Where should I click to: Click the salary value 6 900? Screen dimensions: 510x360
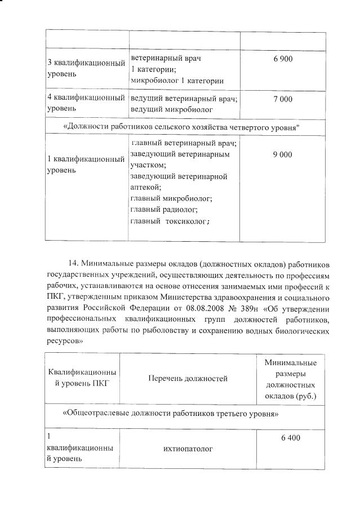[282, 59]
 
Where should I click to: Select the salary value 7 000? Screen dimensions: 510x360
[282, 99]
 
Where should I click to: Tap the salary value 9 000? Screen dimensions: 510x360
[282, 154]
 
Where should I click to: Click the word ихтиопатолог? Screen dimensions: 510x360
[188, 449]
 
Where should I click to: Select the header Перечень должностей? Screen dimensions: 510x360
[188, 379]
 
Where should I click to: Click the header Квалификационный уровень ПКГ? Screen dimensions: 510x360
[82, 379]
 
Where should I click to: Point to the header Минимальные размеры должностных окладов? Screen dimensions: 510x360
[290, 379]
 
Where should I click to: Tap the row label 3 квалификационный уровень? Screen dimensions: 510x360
[85, 68]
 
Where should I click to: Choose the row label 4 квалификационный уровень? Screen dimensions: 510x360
[85, 103]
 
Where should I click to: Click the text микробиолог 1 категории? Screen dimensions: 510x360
[177, 81]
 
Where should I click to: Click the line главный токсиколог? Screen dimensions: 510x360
[170, 220]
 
